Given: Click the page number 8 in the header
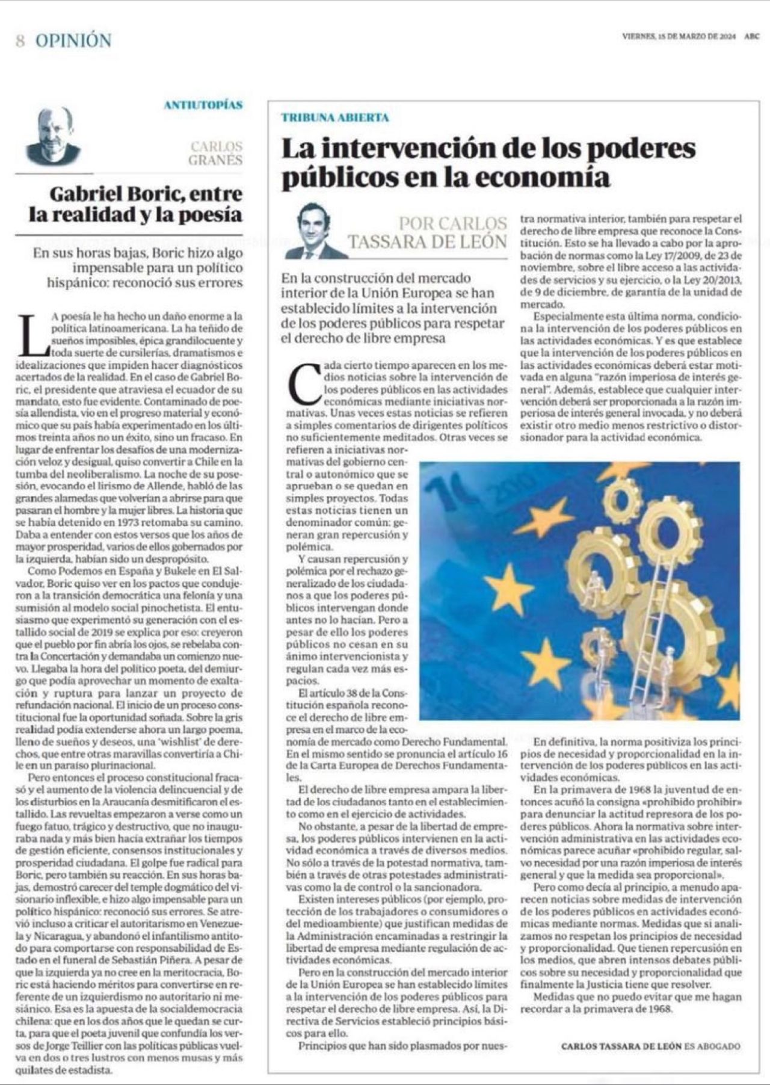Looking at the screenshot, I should (20, 41).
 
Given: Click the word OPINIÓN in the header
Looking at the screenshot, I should (73, 41).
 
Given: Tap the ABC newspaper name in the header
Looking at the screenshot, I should (751, 36).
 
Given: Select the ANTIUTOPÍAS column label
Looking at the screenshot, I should (203, 105).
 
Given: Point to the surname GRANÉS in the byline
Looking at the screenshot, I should (215, 160).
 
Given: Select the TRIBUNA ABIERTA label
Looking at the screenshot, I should (335, 117).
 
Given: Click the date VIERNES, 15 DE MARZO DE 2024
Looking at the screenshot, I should (679, 36).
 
